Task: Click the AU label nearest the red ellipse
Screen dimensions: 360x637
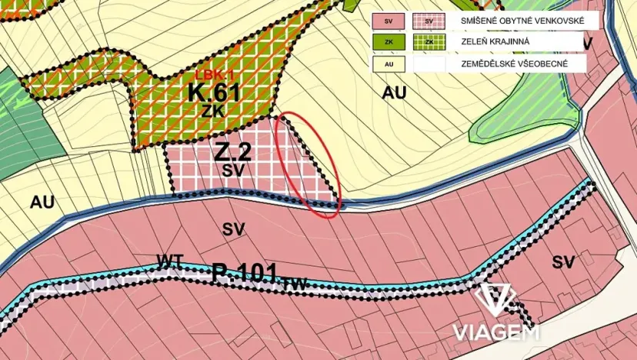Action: click(394, 93)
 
